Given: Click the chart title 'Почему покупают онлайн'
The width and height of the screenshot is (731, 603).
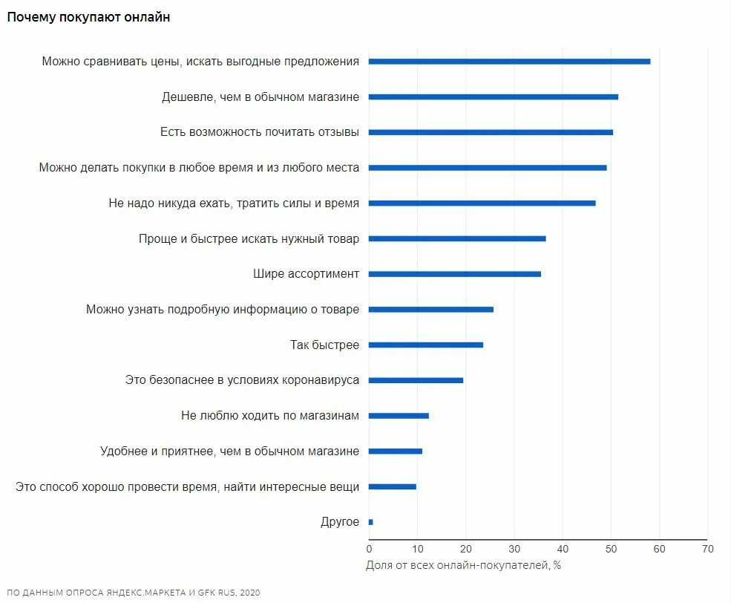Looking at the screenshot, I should click(88, 17).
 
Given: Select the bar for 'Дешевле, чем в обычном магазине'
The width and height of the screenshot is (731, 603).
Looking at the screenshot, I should click(494, 97).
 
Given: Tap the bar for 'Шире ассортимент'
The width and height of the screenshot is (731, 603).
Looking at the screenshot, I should click(455, 274).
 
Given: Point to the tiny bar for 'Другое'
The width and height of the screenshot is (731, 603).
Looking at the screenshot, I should click(371, 522).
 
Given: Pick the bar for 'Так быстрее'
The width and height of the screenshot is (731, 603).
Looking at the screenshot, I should click(426, 345).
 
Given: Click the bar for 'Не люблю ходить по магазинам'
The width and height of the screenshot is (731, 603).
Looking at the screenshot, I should click(399, 416).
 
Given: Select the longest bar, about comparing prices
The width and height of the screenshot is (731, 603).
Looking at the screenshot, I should click(509, 62).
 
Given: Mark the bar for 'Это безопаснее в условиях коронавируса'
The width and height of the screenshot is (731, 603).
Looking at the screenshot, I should click(416, 380).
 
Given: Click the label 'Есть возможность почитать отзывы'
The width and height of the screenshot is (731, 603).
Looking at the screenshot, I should click(260, 132).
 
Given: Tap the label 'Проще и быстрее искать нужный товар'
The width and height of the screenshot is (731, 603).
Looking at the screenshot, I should click(249, 238).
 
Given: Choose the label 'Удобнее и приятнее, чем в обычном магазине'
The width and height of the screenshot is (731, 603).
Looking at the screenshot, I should click(229, 451).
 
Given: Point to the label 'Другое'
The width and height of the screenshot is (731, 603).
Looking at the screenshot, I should click(340, 522).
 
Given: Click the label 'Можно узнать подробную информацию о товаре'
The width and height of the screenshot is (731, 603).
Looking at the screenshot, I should click(223, 309).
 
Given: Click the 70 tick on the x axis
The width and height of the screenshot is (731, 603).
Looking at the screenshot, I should click(707, 549).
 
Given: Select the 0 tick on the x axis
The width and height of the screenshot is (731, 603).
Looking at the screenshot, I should click(369, 549).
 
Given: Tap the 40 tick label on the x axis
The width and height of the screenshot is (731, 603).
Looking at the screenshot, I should click(563, 549).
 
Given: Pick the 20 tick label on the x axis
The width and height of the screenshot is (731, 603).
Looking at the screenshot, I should click(465, 549).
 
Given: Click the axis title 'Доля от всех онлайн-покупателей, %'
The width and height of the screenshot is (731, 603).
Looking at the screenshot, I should click(463, 565).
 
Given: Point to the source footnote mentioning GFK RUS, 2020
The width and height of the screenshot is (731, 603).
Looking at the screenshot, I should click(134, 593).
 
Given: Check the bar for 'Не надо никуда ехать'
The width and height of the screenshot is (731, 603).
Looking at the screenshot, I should click(482, 203).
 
